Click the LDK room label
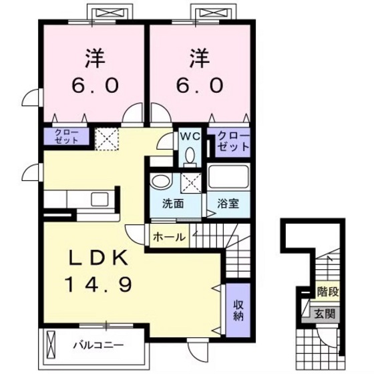tap(95, 259)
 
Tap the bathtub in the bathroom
tap(228, 178)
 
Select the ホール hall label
tap(169, 236)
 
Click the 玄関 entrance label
tap(326, 315)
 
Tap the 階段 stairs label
tap(328, 291)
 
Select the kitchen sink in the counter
tap(100, 198)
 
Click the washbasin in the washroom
tap(160, 182)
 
